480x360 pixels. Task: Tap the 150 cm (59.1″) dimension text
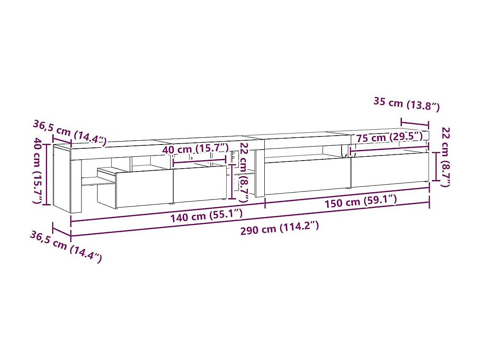[361, 202]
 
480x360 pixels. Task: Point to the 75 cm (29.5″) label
[389, 137]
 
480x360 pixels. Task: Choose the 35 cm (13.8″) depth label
[407, 104]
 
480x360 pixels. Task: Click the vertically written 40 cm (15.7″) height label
[39, 171]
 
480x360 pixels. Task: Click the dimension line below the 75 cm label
[389, 146]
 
